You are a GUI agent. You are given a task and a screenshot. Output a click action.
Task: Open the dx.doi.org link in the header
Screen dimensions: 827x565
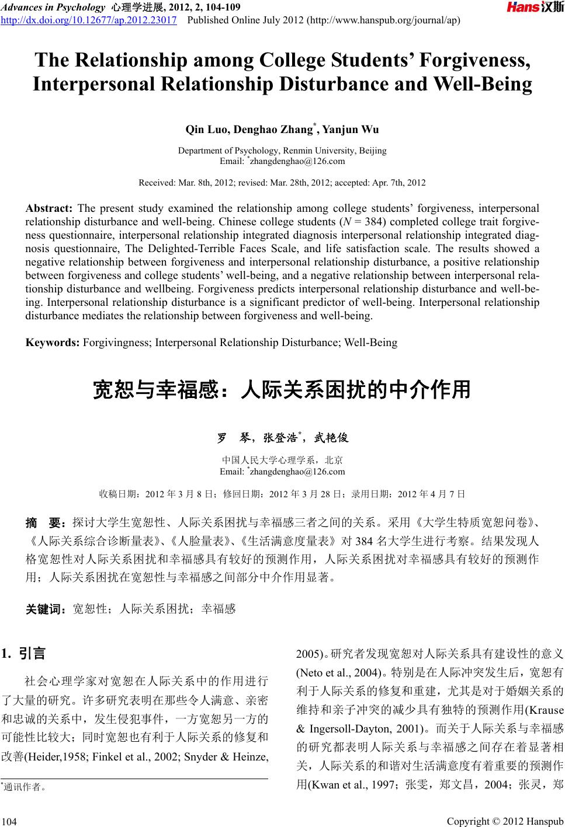pos(89,22)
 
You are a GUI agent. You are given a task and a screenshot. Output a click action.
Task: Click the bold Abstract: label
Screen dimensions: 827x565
pos(49,208)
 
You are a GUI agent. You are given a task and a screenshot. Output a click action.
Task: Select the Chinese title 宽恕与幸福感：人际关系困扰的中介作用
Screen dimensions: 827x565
pos(282,389)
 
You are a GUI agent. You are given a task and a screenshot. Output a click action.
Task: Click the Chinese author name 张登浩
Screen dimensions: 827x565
pos(280,438)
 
